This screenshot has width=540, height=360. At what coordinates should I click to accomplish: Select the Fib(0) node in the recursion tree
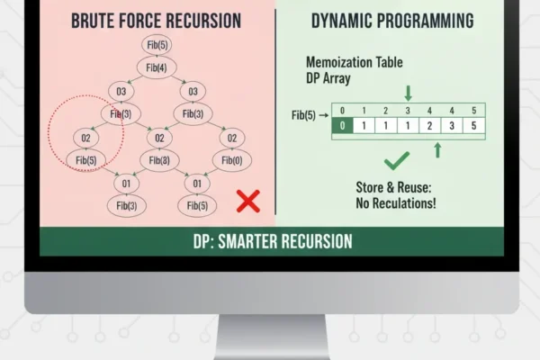tap(231, 161)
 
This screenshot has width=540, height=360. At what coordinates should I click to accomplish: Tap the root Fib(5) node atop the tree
tap(154, 44)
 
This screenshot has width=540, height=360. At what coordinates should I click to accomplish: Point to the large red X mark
tap(248, 201)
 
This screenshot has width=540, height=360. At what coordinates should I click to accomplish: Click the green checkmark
tap(397, 163)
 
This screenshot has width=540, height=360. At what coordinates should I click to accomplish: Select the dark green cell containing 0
tap(343, 125)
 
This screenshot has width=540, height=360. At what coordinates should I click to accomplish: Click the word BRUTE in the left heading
tap(93, 20)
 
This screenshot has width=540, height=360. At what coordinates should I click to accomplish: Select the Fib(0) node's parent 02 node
tap(231, 138)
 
